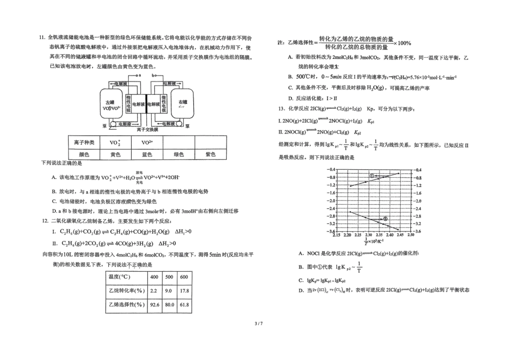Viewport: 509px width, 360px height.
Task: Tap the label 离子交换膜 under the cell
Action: coord(147,130)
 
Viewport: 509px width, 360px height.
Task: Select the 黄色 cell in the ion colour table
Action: coord(115,154)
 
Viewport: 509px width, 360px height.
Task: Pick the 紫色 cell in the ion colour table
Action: coord(211,154)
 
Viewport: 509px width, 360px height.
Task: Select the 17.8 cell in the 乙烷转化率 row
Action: coord(184,290)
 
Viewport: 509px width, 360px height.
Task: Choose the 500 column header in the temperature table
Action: coord(169,276)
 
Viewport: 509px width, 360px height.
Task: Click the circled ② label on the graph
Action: coord(384,219)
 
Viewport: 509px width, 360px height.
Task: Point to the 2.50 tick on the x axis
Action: coord(411,235)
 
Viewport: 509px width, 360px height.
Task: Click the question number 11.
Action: coord(41,37)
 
